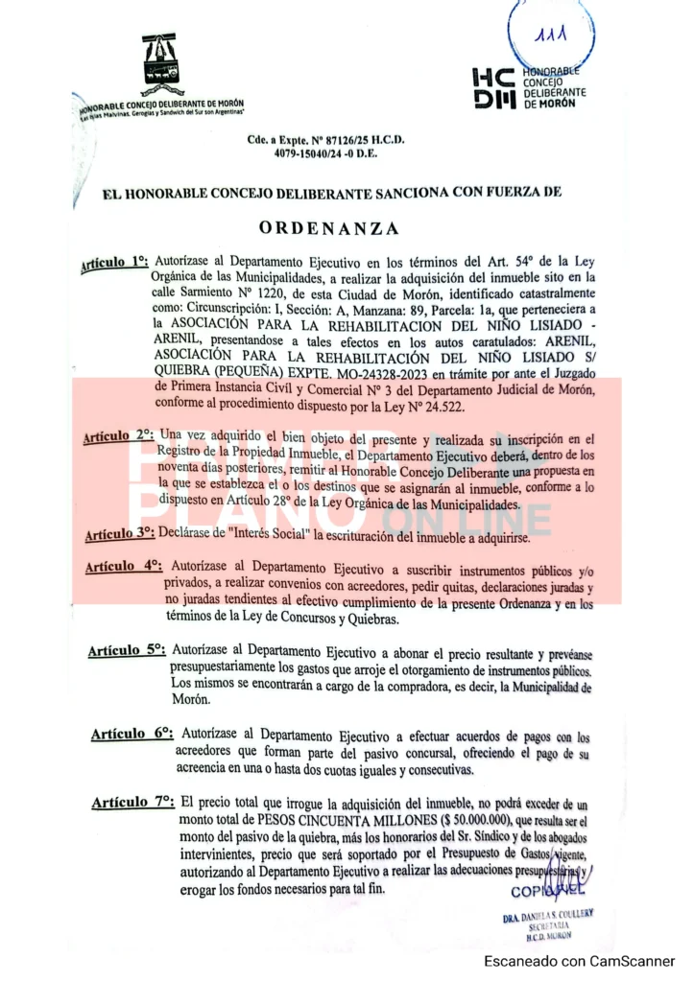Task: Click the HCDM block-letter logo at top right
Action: pos(495,88)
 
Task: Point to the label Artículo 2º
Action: pos(118,437)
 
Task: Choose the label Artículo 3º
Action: pos(119,534)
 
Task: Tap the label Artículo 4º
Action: pos(123,567)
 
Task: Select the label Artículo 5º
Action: pos(126,651)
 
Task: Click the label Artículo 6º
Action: pos(132,734)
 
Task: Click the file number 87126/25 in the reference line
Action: pos(346,140)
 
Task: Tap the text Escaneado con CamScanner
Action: pos(579,961)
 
